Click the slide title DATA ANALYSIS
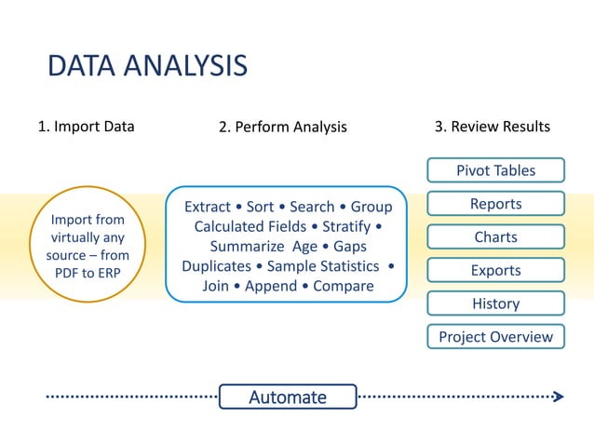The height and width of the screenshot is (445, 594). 147,66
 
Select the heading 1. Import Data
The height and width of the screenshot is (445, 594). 86,127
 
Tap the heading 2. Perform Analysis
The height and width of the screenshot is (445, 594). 282,128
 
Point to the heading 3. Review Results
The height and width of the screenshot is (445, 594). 493,127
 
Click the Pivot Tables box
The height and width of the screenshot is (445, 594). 495,170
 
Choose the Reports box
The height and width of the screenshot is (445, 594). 495,204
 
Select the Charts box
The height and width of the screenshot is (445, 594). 495,237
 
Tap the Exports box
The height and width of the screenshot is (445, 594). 495,271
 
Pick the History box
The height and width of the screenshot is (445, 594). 495,303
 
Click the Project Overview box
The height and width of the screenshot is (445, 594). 495,337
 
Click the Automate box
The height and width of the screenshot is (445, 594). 288,398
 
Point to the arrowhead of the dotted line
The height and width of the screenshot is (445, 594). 558,397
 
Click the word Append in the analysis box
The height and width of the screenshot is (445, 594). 271,286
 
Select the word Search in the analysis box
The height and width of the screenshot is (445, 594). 312,207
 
